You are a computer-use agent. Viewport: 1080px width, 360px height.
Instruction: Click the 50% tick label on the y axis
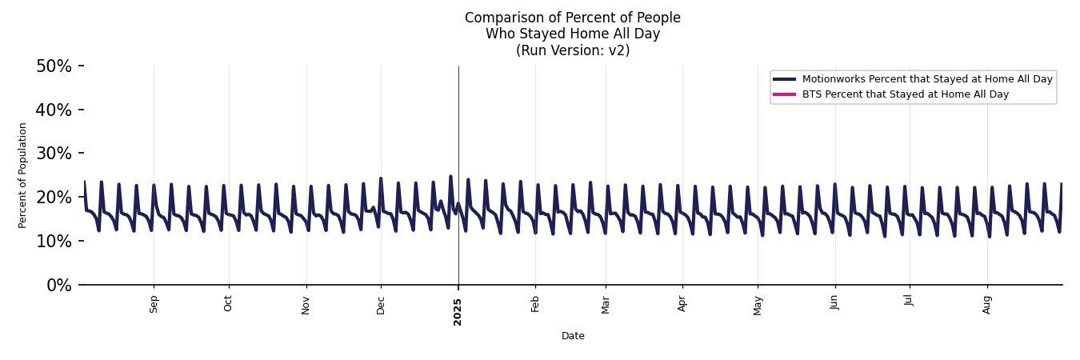pyautogui.click(x=54, y=66)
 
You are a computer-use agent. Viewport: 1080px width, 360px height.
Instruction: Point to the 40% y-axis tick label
pyautogui.click(x=54, y=110)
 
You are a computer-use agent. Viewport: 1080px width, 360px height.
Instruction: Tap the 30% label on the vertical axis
pyautogui.click(x=54, y=154)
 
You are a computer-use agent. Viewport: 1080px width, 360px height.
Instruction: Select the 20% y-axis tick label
pyautogui.click(x=54, y=198)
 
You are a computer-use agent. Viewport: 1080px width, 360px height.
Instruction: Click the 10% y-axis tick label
pyautogui.click(x=54, y=242)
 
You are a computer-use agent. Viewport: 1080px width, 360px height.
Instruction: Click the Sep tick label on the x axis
pyautogui.click(x=154, y=304)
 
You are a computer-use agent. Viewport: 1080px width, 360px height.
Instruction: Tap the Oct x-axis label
pyautogui.click(x=229, y=304)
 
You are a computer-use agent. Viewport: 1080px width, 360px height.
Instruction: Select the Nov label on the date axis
pyautogui.click(x=306, y=305)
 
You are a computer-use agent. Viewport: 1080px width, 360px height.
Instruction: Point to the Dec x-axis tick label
pyautogui.click(x=381, y=305)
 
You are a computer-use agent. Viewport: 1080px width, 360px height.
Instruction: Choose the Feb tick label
pyautogui.click(x=536, y=304)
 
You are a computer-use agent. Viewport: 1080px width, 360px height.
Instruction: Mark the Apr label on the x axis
pyautogui.click(x=682, y=304)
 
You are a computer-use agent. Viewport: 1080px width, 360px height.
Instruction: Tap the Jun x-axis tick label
pyautogui.click(x=835, y=304)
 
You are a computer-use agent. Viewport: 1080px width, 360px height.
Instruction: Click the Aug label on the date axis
pyautogui.click(x=987, y=305)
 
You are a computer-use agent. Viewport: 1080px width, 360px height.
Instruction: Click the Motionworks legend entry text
pyautogui.click(x=926, y=79)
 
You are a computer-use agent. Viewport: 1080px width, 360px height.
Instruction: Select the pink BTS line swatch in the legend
pyautogui.click(x=784, y=94)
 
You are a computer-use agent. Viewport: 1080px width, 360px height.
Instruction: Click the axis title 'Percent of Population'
pyautogui.click(x=23, y=175)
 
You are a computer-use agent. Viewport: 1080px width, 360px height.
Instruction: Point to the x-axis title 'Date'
pyautogui.click(x=573, y=337)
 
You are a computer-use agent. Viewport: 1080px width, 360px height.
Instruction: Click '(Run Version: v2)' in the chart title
pyautogui.click(x=573, y=50)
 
